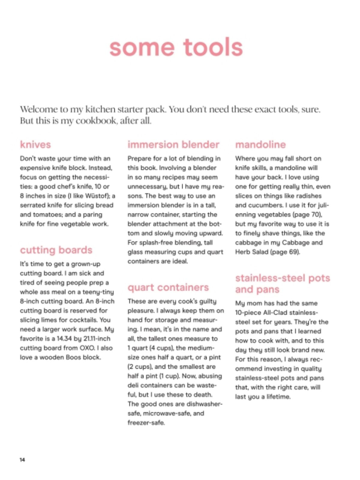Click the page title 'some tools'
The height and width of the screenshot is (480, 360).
[x=176, y=47]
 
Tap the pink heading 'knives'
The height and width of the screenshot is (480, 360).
[x=35, y=145]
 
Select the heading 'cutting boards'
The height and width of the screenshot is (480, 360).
[x=56, y=250]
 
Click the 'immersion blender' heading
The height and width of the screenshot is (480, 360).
[x=173, y=145]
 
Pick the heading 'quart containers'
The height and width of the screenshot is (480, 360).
[x=168, y=287]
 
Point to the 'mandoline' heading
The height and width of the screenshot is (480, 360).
[x=260, y=145]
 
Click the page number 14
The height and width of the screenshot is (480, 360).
[x=22, y=460]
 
